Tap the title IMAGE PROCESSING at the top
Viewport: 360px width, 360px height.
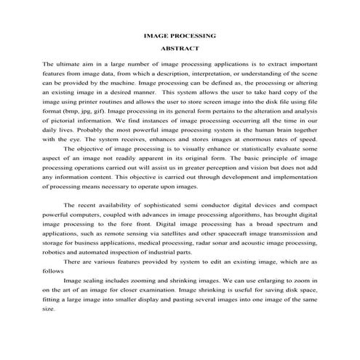180,35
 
